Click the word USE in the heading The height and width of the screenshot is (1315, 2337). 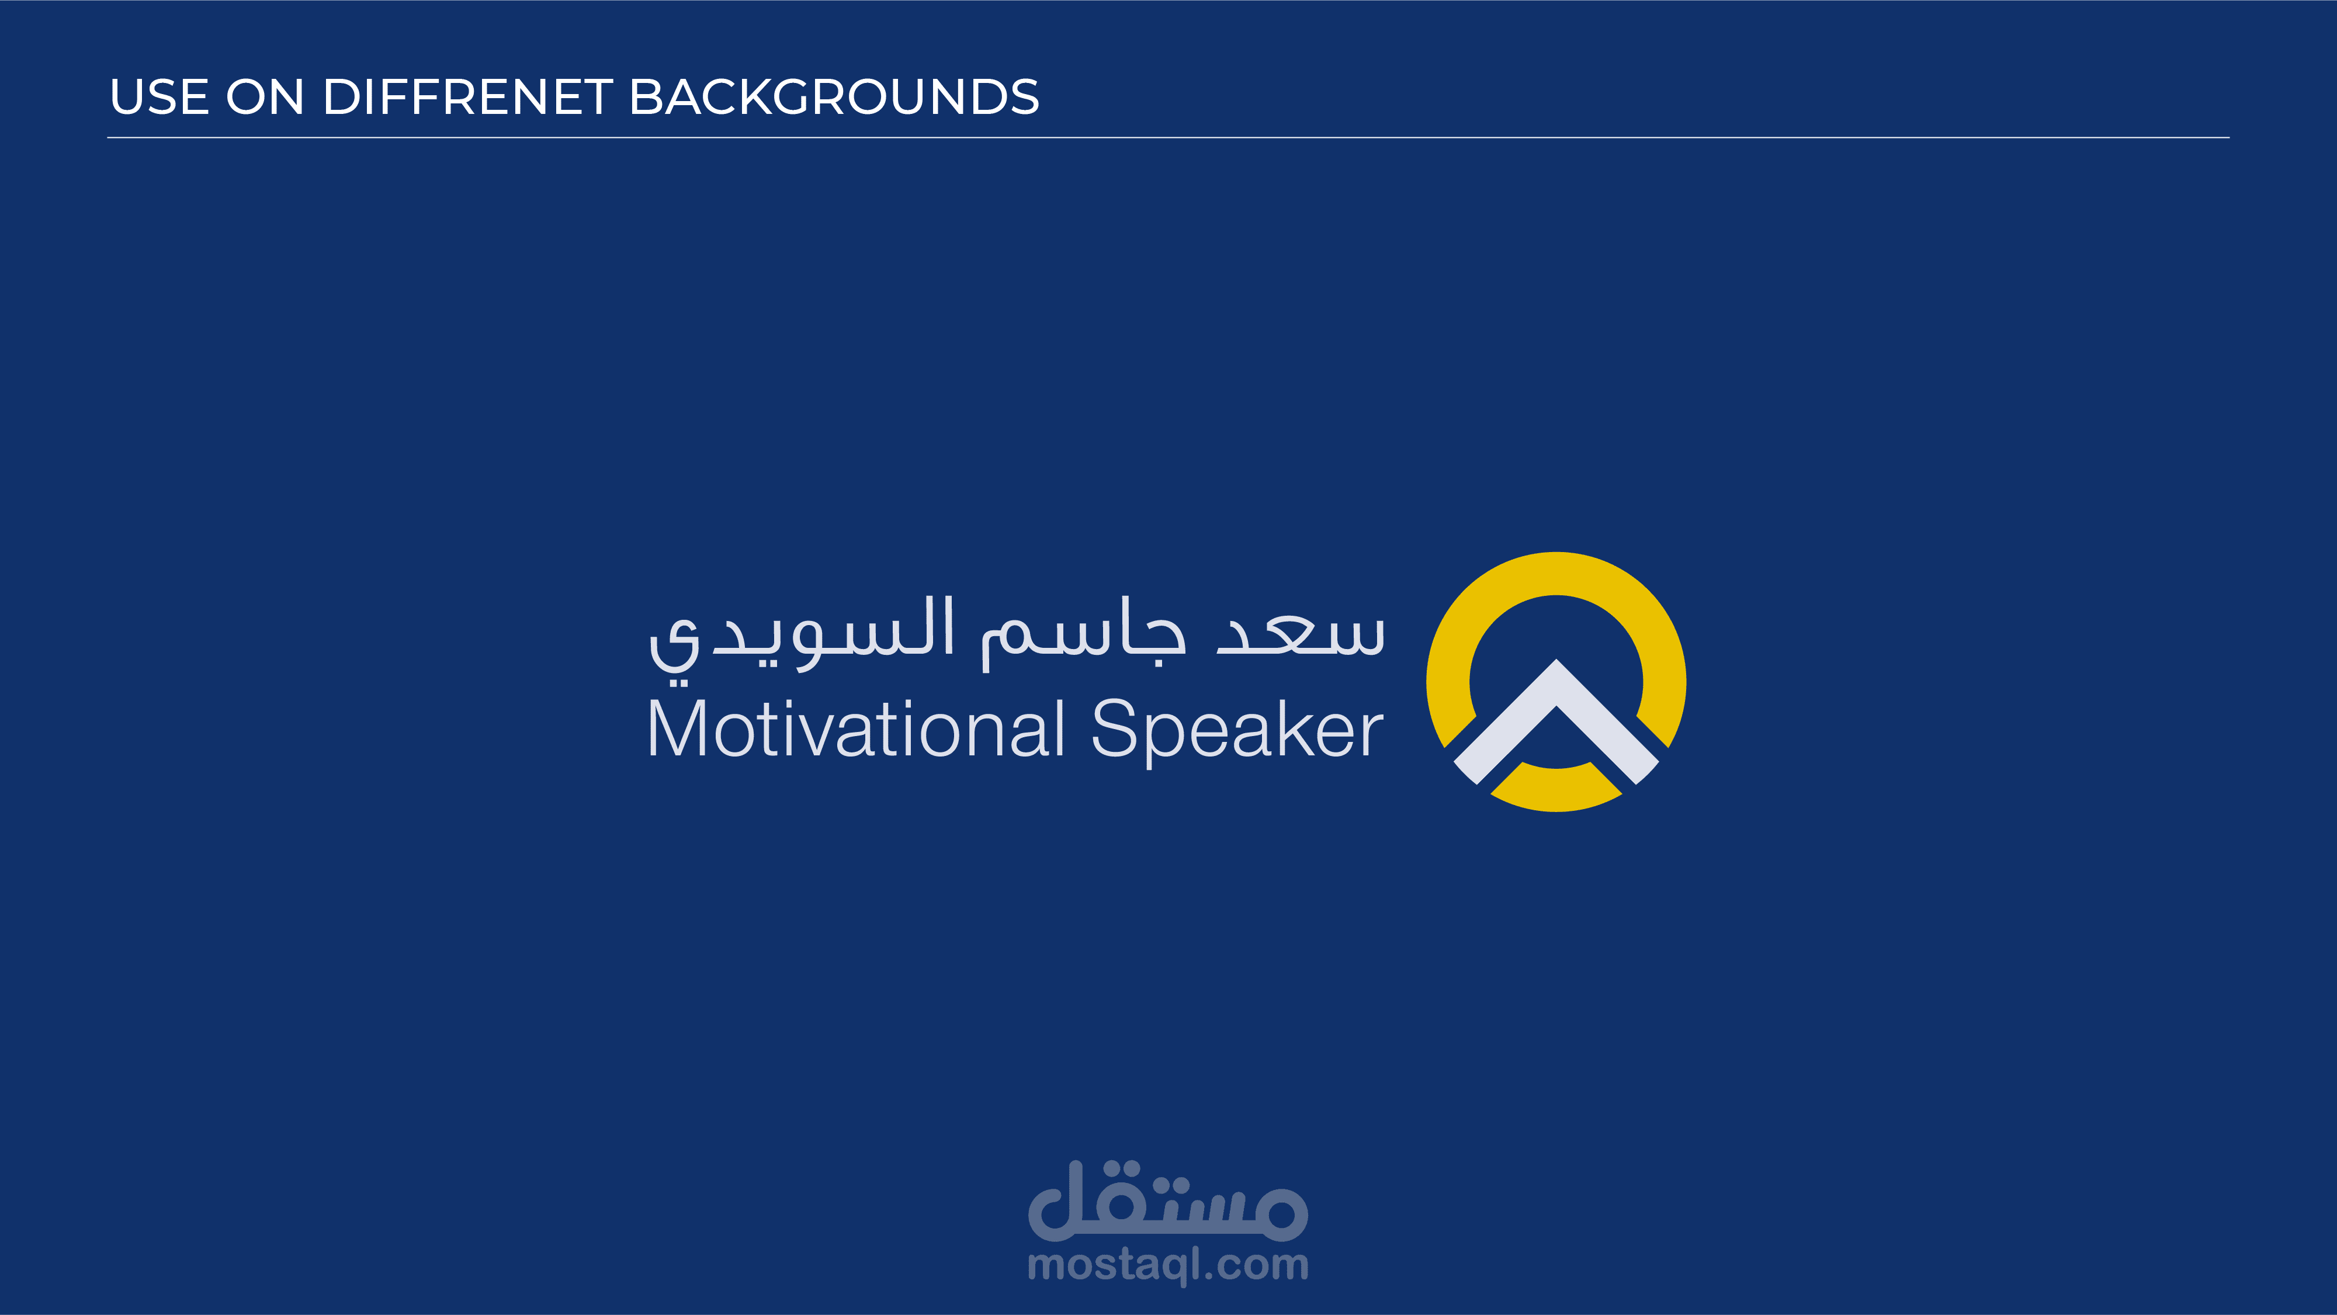pyautogui.click(x=160, y=97)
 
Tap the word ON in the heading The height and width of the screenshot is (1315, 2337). pyautogui.click(x=265, y=97)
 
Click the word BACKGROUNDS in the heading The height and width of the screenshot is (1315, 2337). pyautogui.click(x=834, y=97)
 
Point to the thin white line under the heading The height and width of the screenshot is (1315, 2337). pyautogui.click(x=1168, y=138)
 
